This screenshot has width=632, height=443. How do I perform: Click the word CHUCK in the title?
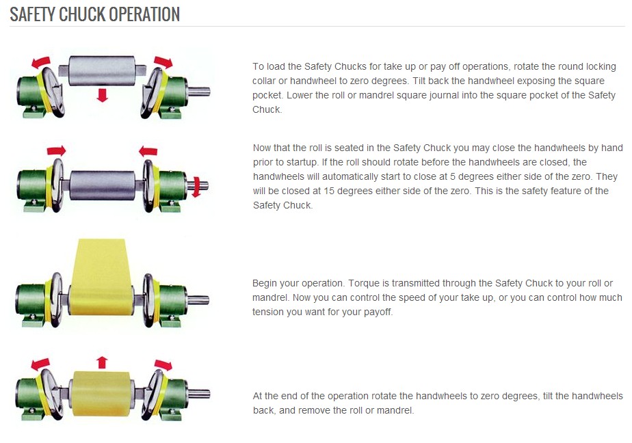(x=83, y=14)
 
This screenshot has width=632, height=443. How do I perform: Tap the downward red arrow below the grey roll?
(x=103, y=95)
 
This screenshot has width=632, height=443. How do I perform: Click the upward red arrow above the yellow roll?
(x=103, y=362)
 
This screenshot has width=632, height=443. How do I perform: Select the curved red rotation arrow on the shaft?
(x=197, y=187)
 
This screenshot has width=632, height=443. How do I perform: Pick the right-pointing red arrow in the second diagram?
(x=56, y=151)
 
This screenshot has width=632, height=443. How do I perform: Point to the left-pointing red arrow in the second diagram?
(x=148, y=151)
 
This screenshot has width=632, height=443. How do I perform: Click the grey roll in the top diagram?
(x=101, y=70)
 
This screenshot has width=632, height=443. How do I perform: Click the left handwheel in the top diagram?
(x=53, y=92)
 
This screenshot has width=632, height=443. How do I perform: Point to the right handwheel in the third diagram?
(x=148, y=300)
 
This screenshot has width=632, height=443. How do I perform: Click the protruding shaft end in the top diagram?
(x=198, y=92)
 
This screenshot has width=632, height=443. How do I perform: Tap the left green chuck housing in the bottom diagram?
(x=29, y=394)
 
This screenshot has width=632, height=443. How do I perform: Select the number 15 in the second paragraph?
(x=328, y=191)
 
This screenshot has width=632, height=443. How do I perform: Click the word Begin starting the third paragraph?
(x=265, y=283)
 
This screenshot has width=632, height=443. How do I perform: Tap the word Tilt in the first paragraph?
(x=419, y=81)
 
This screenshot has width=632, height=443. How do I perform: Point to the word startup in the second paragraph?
(x=302, y=162)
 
